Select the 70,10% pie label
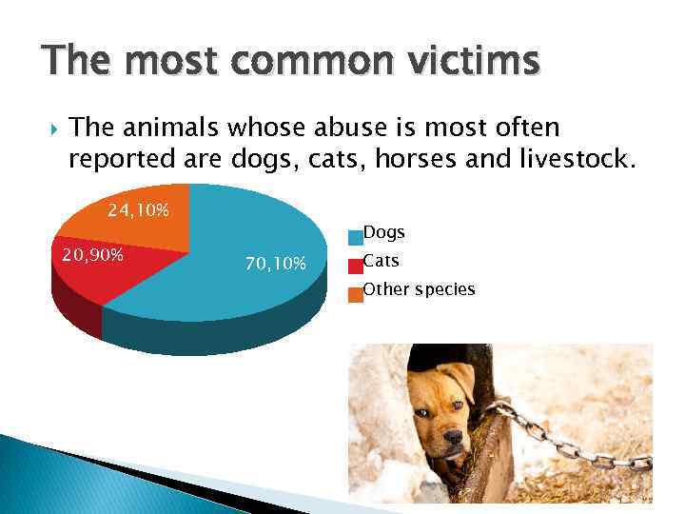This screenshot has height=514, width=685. point(275,264)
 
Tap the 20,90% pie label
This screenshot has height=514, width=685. point(92,256)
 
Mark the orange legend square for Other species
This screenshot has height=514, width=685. point(355,293)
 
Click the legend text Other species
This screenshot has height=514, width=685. point(419,289)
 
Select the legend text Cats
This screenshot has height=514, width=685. point(382,261)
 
